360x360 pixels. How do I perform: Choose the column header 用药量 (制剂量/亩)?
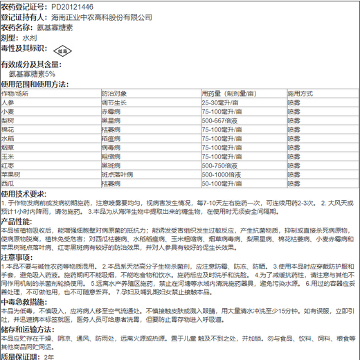(x=231, y=93)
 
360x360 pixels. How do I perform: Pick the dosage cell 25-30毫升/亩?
(x=222, y=102)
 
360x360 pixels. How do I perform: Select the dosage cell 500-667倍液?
(x=222, y=120)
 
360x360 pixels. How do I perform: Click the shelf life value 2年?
(x=49, y=355)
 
